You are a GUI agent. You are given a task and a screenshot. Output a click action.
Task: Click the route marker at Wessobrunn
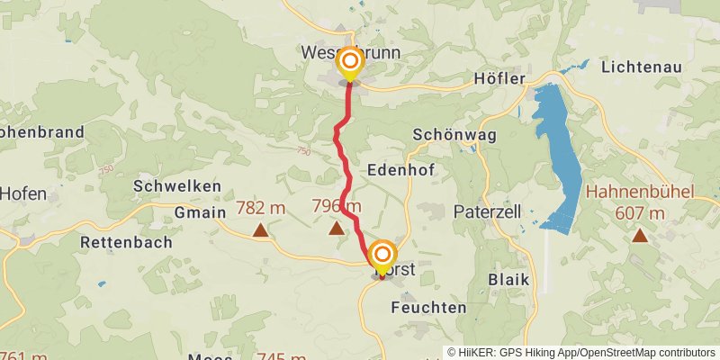pos(349,63)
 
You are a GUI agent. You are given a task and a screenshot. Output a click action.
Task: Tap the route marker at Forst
pos(382,255)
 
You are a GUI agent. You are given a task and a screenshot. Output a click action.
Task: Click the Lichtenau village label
pos(642,67)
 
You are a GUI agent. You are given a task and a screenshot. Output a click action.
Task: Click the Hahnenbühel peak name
pos(639,192)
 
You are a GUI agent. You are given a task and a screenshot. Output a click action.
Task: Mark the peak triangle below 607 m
pos(640,236)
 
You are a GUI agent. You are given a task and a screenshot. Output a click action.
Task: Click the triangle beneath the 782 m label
pos(260,230)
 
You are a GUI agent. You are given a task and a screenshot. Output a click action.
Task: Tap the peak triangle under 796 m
pos(337,229)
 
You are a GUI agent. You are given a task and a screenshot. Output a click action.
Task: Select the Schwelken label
pos(177,185)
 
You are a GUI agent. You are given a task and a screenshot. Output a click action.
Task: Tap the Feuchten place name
pos(429,307)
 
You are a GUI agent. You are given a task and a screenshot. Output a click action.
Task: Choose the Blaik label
pos(508,279)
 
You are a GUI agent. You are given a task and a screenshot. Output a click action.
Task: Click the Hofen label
pos(22,193)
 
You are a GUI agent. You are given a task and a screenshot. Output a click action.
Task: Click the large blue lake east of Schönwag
pos(558,153)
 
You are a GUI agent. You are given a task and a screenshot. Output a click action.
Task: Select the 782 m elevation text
pos(260,208)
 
